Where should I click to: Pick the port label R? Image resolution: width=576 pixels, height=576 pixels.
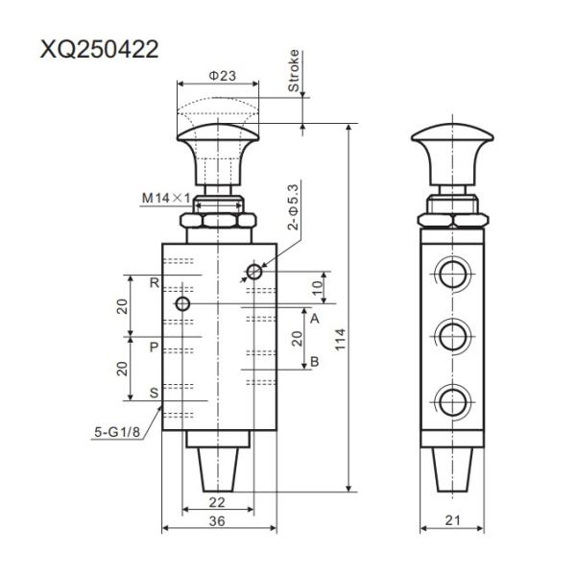pos(154,283)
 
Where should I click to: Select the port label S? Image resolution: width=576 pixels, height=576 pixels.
pos(154,393)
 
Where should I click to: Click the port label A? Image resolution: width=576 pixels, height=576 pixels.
pos(313,315)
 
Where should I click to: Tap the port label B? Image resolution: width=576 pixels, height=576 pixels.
pos(313,362)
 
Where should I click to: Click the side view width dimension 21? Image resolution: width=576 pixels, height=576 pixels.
pos(450,519)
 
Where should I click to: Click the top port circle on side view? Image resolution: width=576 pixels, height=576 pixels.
pos(450,275)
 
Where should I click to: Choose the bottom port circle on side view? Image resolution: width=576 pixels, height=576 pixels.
pos(450,398)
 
